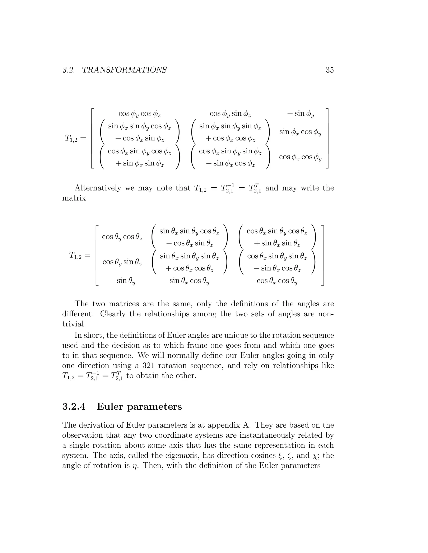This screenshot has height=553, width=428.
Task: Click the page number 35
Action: pos(330,70)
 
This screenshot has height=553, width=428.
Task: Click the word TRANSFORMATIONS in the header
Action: pos(124,70)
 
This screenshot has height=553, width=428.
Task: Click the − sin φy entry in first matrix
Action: pos(301,114)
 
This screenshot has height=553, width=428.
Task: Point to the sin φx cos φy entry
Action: pos(301,132)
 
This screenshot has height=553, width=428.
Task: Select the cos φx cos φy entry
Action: pos(301,157)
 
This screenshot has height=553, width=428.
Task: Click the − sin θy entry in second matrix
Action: pos(122,281)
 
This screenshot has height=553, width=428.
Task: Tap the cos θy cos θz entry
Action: pos(122,237)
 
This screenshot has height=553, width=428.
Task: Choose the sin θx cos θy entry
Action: pos(189,281)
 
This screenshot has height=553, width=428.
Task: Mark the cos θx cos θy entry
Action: pos(277,281)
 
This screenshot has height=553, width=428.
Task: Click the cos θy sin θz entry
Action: pos(122,262)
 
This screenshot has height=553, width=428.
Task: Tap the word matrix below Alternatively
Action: pos(74,198)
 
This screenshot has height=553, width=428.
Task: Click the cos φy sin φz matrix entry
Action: pos(230,114)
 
